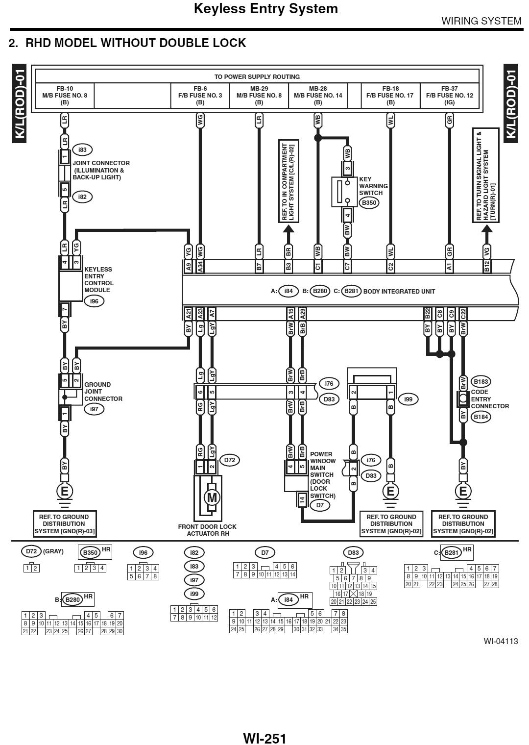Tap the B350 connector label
pyautogui.click(x=369, y=202)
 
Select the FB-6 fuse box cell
pyautogui.click(x=200, y=96)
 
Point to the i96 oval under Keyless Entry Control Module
pyautogui.click(x=94, y=301)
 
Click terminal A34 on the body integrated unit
pyautogui.click(x=200, y=266)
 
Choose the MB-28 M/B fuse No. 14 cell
pyautogui.click(x=318, y=96)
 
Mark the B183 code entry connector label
pyautogui.click(x=481, y=381)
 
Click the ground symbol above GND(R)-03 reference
pyautogui.click(x=64, y=490)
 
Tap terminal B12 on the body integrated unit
pyautogui.click(x=486, y=266)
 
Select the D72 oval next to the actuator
pyautogui.click(x=230, y=460)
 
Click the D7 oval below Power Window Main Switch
pyautogui.click(x=320, y=505)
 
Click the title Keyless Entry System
pyautogui.click(x=266, y=8)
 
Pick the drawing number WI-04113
pyautogui.click(x=500, y=641)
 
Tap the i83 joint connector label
pyautogui.click(x=82, y=149)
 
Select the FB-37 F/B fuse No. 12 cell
pyautogui.click(x=449, y=96)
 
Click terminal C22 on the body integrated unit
pyautogui.click(x=463, y=314)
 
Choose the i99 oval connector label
pyautogui.click(x=409, y=399)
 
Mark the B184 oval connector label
pyautogui.click(x=481, y=417)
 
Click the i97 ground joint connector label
pyautogui.click(x=94, y=409)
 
